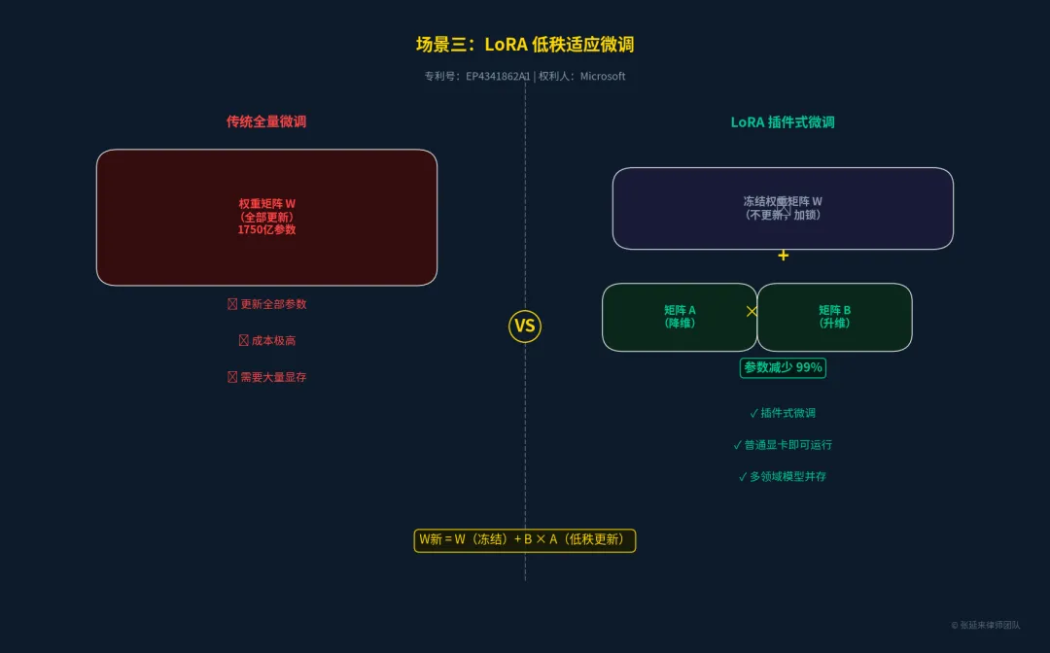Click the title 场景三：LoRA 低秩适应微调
[525, 45]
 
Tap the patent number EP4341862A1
[498, 76]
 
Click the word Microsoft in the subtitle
[603, 76]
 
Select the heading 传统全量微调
[266, 121]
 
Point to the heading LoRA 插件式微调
[783, 122]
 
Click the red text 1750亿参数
[266, 230]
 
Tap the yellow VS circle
[525, 326]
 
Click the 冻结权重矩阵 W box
[783, 208]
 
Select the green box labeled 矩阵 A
[680, 317]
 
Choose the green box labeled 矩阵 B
[834, 317]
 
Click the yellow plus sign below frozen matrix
[783, 256]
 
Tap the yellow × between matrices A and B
[752, 312]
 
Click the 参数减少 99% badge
[783, 367]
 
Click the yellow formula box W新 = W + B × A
[525, 540]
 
